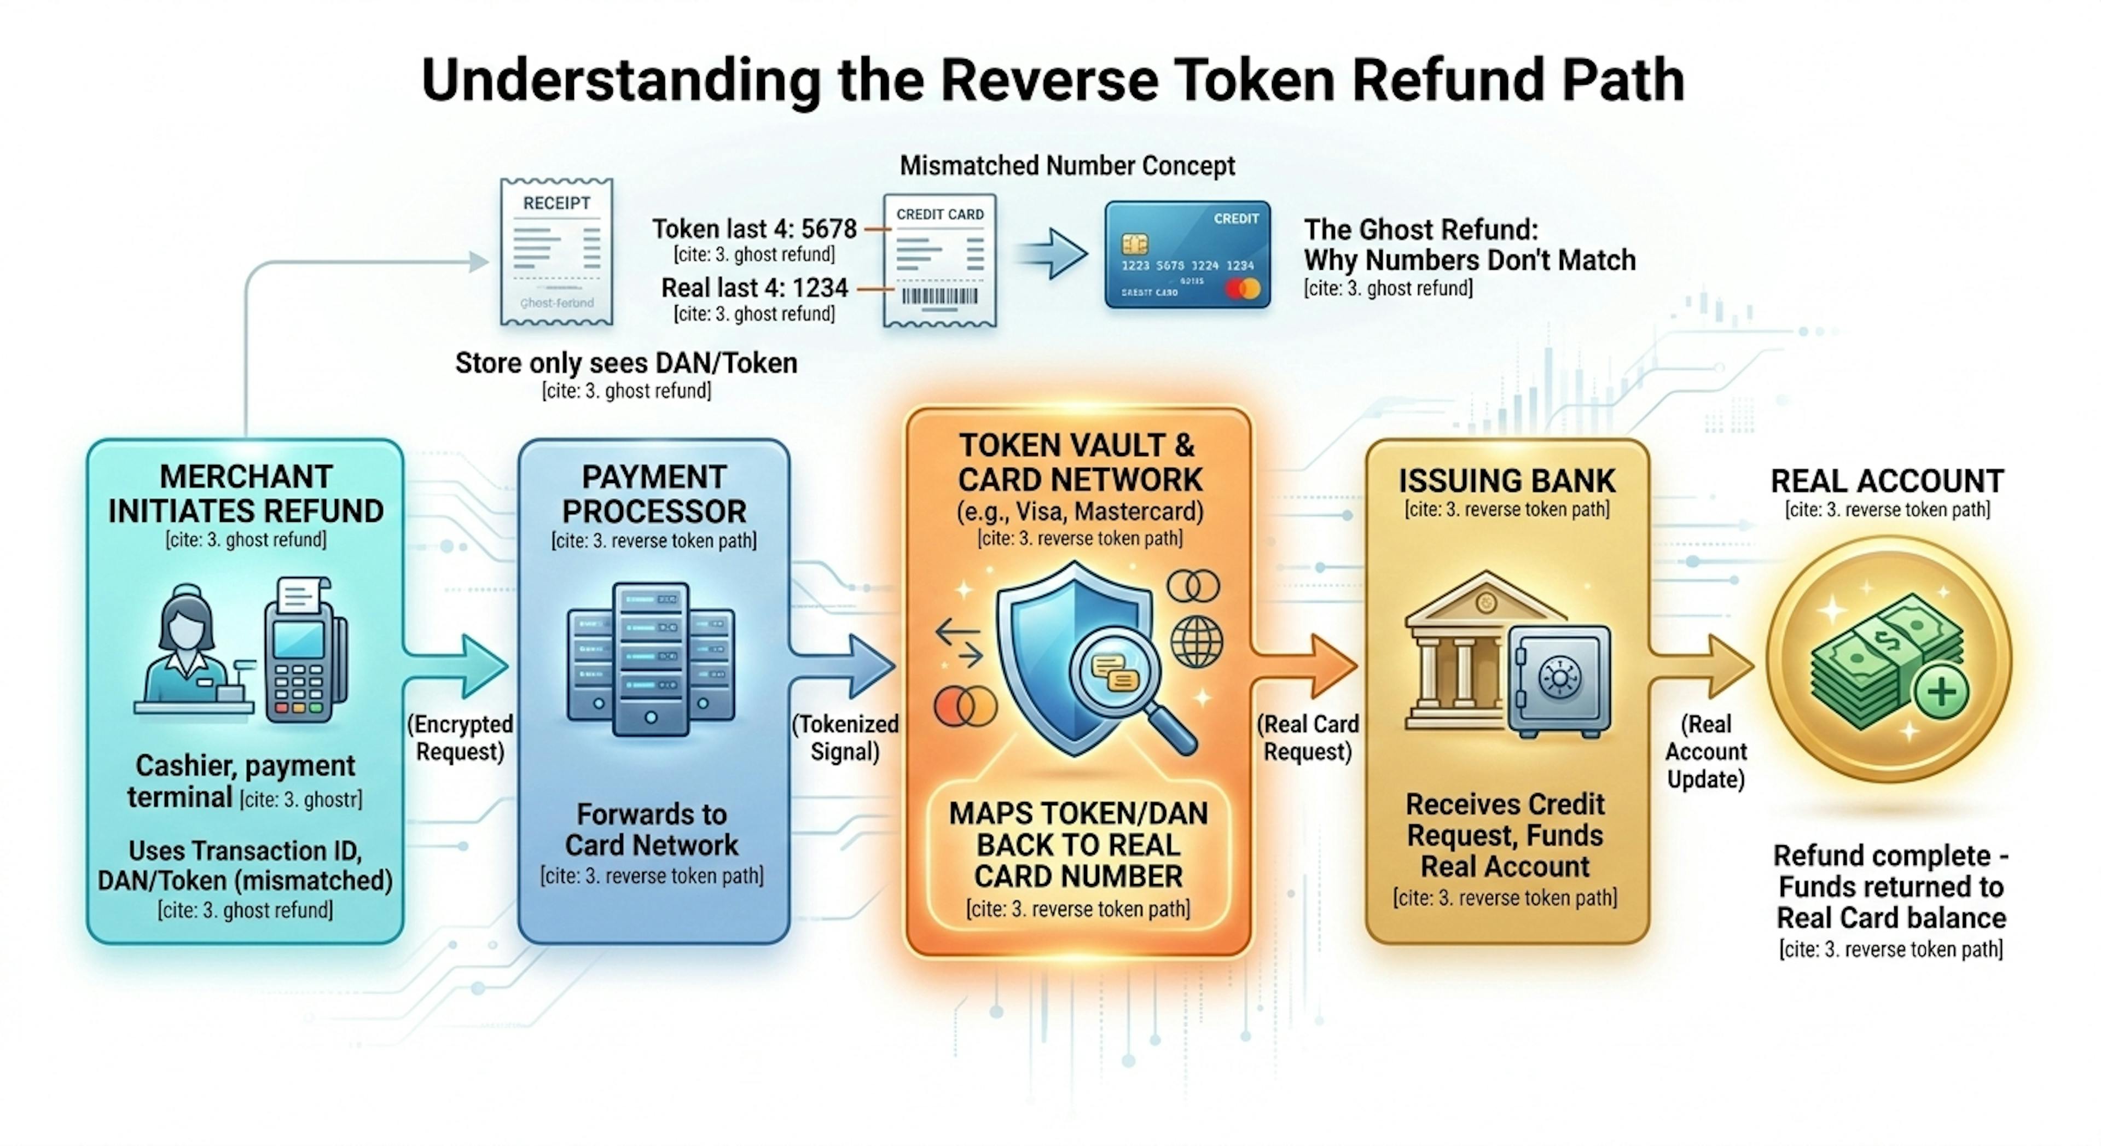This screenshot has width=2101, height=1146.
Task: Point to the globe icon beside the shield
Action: click(1197, 641)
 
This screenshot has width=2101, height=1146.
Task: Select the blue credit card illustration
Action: click(1187, 254)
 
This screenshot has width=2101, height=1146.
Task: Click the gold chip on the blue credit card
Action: click(1135, 243)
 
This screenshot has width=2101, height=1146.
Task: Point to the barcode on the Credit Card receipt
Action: click(939, 296)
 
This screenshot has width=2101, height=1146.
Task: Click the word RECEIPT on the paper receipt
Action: click(556, 203)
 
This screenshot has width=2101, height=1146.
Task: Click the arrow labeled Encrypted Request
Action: click(461, 666)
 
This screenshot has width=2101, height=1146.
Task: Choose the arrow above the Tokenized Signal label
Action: click(848, 666)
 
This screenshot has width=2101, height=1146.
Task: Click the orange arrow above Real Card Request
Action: click(1309, 666)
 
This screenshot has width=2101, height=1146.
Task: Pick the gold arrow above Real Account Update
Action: click(1705, 666)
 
